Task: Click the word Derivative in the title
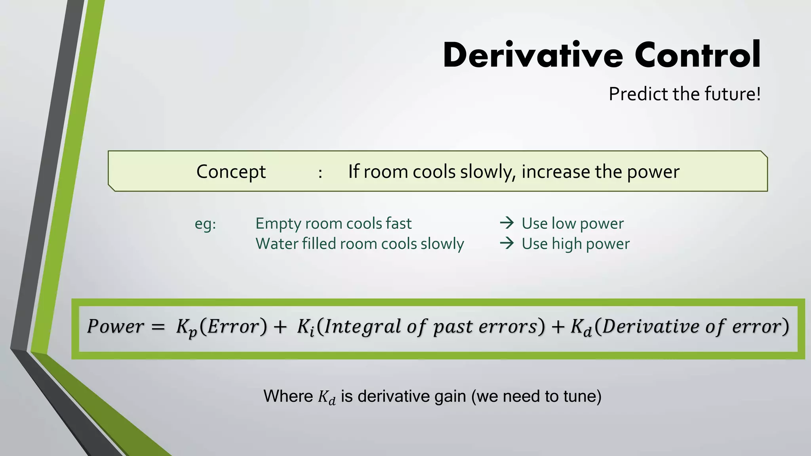pos(533,55)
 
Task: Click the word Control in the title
pos(697,55)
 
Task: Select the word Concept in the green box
pos(231,172)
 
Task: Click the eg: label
pos(205,224)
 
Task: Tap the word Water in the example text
pos(277,243)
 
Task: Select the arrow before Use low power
pos(506,223)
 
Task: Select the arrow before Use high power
pos(506,243)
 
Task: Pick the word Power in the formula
pos(115,327)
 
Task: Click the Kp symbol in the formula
pos(186,328)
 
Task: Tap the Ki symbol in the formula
pos(305,328)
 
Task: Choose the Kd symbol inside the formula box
pos(581,328)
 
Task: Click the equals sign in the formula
pos(158,327)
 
